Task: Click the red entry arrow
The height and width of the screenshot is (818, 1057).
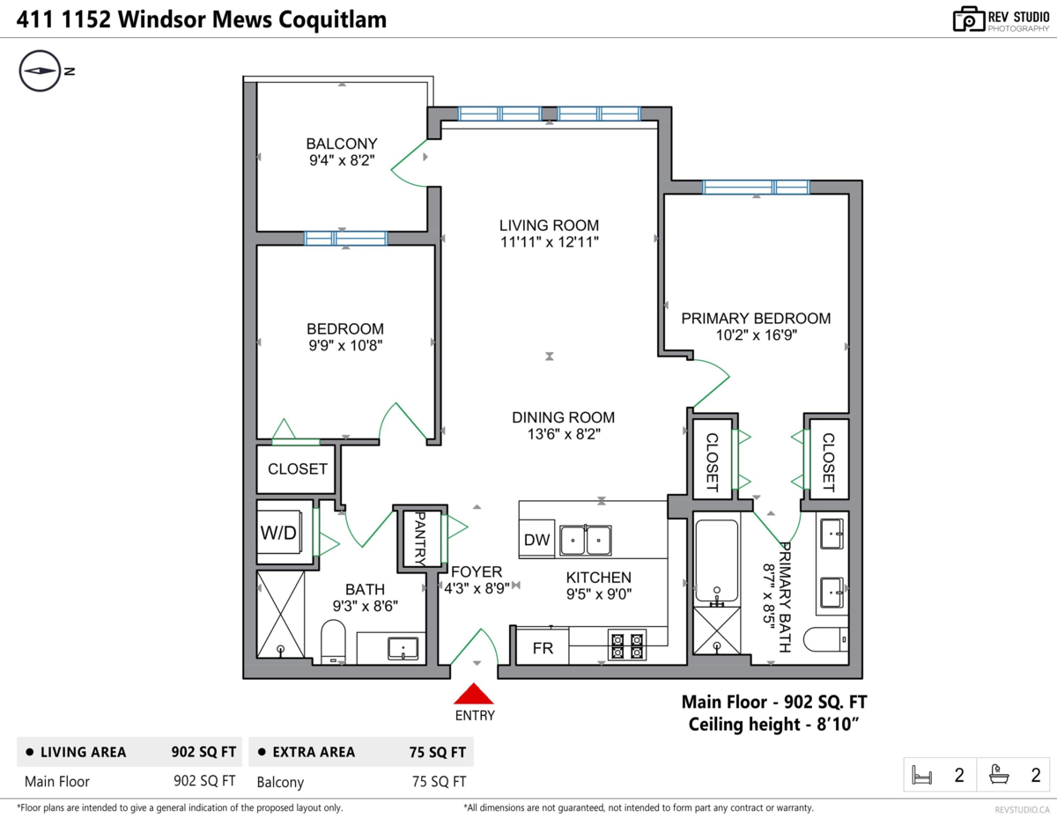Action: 475,694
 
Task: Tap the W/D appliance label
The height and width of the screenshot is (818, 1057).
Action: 277,533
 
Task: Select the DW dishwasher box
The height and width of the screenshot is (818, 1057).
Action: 536,540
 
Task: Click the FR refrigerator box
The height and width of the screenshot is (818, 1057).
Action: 542,650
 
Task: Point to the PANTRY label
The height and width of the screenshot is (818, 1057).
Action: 420,538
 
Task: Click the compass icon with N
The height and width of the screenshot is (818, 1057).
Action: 40,71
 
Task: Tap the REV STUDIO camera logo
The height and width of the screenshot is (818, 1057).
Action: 969,19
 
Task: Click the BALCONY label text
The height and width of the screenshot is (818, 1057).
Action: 342,144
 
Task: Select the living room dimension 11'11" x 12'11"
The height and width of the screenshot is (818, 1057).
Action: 549,242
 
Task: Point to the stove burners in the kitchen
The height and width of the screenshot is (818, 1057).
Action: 626,645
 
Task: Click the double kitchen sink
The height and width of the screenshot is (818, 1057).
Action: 586,540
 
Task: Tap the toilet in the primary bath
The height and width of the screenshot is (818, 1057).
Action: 831,637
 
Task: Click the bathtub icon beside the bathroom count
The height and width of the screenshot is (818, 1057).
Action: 999,776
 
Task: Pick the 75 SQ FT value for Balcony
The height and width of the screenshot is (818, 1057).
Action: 439,781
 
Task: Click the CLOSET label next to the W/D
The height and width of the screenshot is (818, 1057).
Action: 298,469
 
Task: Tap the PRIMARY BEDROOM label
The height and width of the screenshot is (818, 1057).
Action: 756,319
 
